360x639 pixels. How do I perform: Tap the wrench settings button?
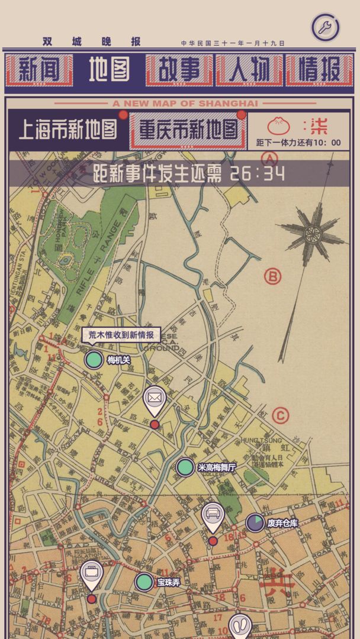tap(325, 27)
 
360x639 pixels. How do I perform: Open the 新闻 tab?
tap(38, 70)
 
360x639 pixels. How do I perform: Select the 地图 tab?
tap(109, 70)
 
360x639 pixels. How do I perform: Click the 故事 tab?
tap(179, 70)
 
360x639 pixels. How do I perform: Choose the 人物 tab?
tap(249, 70)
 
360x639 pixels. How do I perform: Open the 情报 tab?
tap(319, 70)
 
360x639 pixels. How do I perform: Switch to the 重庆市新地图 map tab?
tap(188, 130)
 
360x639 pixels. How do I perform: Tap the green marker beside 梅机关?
tap(94, 360)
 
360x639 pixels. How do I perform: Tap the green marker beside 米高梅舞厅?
tap(185, 467)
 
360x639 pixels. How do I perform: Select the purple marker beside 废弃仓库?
tap(255, 522)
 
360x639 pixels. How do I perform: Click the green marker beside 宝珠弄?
tap(144, 582)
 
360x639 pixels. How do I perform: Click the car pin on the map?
tap(213, 515)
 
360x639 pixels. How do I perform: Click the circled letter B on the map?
tap(272, 276)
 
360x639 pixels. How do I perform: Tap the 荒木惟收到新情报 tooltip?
tap(121, 335)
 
